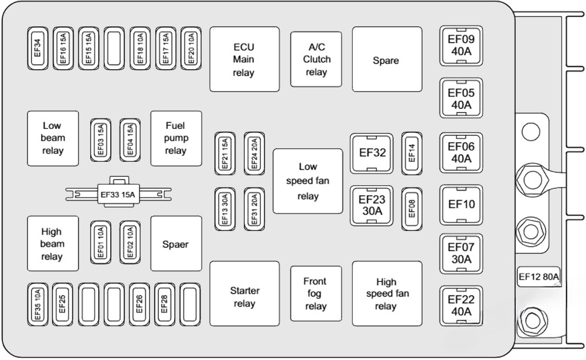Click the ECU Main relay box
point(244,59)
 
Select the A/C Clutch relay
point(316,59)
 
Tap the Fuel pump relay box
point(176,138)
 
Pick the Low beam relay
point(52,138)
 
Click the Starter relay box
point(244,297)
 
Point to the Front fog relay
point(316,294)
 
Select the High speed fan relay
point(386,294)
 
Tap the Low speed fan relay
point(308,181)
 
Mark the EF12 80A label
point(539,277)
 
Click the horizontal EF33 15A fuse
point(117,195)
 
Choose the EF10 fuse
point(461,205)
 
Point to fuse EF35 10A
point(37,304)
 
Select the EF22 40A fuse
point(461,305)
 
